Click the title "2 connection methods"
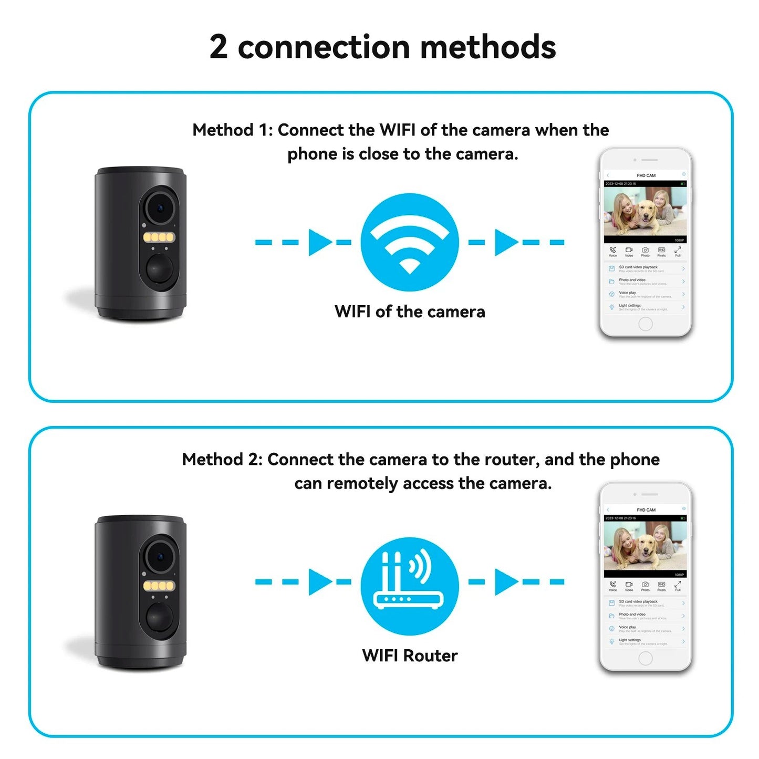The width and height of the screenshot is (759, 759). [x=382, y=47]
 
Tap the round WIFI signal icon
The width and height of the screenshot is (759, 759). [x=409, y=242]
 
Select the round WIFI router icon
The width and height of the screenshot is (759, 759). [x=409, y=586]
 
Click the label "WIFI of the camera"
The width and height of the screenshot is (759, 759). [x=410, y=311]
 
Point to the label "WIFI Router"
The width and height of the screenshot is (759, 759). [x=410, y=656]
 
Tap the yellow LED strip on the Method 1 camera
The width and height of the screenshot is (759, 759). [x=159, y=237]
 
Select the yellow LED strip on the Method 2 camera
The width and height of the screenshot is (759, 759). [x=159, y=586]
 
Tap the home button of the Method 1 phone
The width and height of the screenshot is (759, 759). [x=645, y=324]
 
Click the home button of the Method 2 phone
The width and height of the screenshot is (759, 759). [x=645, y=658]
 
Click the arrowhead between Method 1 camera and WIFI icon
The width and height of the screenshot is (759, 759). [x=319, y=242]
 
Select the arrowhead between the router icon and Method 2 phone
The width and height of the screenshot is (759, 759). [x=506, y=581]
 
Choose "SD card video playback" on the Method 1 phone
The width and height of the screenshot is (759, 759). [x=638, y=267]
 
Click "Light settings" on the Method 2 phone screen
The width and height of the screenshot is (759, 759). [x=630, y=640]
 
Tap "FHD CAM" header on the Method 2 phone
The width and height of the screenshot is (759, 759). [x=646, y=510]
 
